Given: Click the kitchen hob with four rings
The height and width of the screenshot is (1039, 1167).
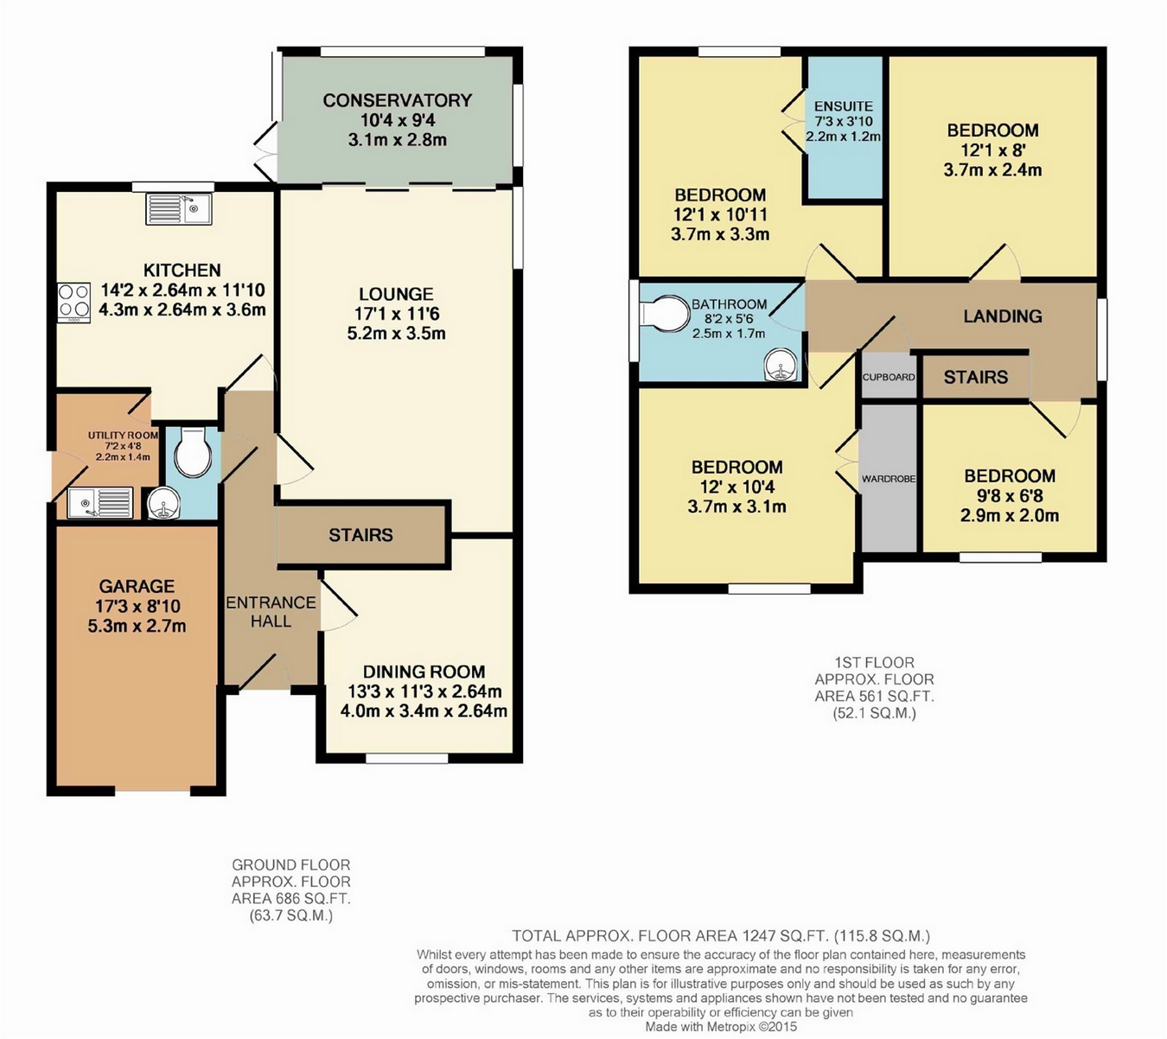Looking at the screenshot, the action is (x=73, y=302).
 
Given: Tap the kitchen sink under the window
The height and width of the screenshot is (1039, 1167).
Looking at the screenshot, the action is (x=179, y=209).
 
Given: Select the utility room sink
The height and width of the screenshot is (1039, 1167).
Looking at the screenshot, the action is (x=100, y=503).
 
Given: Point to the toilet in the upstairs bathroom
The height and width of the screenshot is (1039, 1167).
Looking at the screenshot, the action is (x=666, y=313).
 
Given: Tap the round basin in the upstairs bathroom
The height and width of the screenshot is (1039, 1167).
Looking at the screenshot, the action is (x=781, y=367).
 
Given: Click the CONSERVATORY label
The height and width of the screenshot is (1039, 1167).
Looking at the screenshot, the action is (x=397, y=100).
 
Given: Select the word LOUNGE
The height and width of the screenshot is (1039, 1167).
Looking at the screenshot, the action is (x=396, y=294).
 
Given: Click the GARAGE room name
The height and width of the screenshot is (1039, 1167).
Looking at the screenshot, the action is (x=137, y=586).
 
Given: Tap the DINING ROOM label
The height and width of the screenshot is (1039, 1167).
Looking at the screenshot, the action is (x=424, y=672).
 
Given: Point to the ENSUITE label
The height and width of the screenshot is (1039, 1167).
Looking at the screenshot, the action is (x=844, y=106).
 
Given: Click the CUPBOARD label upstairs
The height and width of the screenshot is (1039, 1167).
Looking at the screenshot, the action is (x=889, y=377).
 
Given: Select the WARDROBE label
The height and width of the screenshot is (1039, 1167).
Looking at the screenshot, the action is (x=889, y=479).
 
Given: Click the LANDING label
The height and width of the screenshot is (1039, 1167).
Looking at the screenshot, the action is (x=1003, y=316).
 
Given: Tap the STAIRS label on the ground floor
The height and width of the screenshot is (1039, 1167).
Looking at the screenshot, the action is (x=360, y=535).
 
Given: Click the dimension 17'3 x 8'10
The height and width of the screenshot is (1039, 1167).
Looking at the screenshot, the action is (x=137, y=606).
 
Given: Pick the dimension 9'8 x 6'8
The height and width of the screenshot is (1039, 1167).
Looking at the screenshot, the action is (x=1010, y=496).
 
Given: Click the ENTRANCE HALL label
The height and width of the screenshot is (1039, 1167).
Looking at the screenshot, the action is (x=271, y=612).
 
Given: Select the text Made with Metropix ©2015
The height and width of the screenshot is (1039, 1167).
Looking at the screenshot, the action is (x=721, y=1026).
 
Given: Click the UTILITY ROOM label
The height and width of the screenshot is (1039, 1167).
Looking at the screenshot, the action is (x=123, y=436).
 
